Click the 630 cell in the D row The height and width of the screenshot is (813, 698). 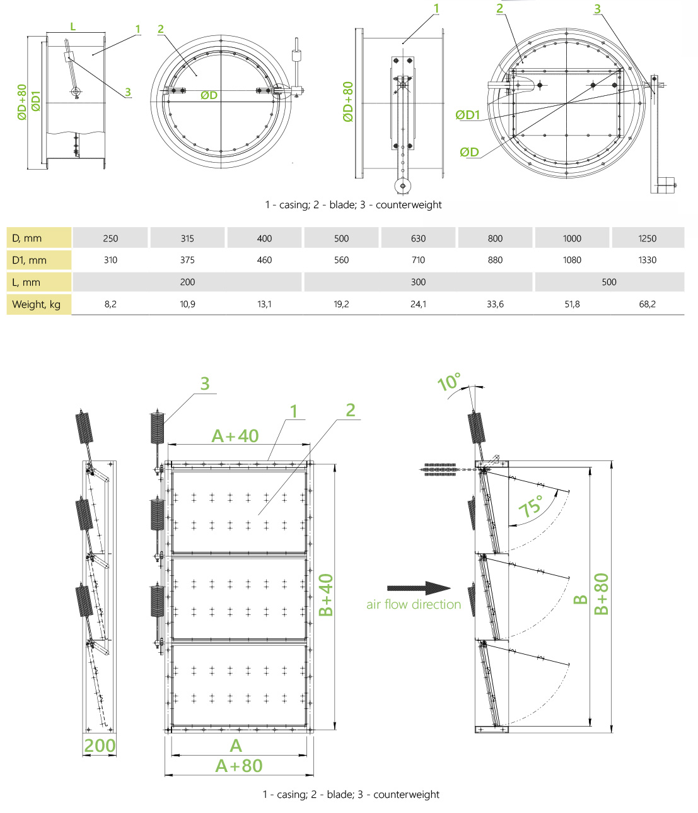click(x=418, y=238)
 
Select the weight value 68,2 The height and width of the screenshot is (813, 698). click(x=647, y=304)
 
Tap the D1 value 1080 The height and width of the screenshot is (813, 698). click(x=572, y=260)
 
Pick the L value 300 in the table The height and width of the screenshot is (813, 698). click(x=418, y=282)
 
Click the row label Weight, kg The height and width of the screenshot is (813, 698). click(x=37, y=305)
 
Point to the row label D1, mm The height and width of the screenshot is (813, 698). click(x=30, y=260)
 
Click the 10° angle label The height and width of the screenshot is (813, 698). click(x=449, y=382)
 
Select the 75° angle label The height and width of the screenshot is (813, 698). click(x=531, y=506)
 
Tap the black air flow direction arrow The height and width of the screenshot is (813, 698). click(x=419, y=588)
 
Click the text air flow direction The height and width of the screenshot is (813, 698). click(x=414, y=604)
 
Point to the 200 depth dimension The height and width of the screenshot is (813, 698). click(x=100, y=746)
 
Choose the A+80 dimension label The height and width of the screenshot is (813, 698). click(x=239, y=766)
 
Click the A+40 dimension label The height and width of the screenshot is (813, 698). click(x=235, y=436)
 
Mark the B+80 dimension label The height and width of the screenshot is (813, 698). click(x=602, y=594)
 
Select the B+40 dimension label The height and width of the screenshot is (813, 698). click(x=325, y=595)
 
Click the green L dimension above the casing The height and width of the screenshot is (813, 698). click(x=73, y=26)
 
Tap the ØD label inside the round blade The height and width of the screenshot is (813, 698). click(x=209, y=95)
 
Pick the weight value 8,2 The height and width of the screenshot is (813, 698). click(x=110, y=304)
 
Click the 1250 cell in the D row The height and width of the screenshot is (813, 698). click(x=647, y=238)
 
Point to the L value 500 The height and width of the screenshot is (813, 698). click(x=609, y=282)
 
